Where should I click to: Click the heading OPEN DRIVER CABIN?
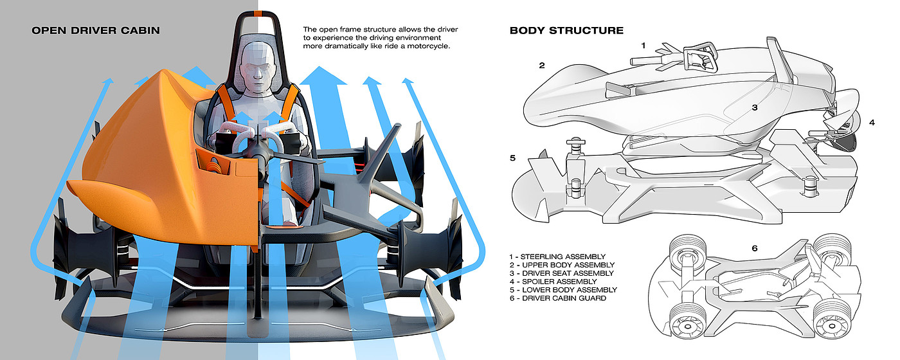[x=96, y=31]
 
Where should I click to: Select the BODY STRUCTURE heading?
[x=566, y=31]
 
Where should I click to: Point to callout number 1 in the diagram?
[x=643, y=46]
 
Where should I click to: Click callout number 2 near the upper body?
[x=541, y=65]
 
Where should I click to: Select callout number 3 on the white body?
[x=755, y=107]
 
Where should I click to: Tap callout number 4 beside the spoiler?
[x=872, y=122]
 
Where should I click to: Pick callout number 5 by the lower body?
[x=512, y=158]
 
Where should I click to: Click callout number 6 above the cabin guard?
[x=755, y=248]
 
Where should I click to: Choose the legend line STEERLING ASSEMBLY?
[x=557, y=256]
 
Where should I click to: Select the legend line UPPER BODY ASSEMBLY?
[x=562, y=265]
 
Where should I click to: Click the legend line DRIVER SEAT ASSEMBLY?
[x=561, y=273]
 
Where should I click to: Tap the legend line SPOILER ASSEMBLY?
[x=553, y=282]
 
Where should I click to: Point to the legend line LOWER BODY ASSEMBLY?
[x=563, y=290]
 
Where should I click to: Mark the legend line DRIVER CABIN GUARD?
[x=558, y=298]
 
